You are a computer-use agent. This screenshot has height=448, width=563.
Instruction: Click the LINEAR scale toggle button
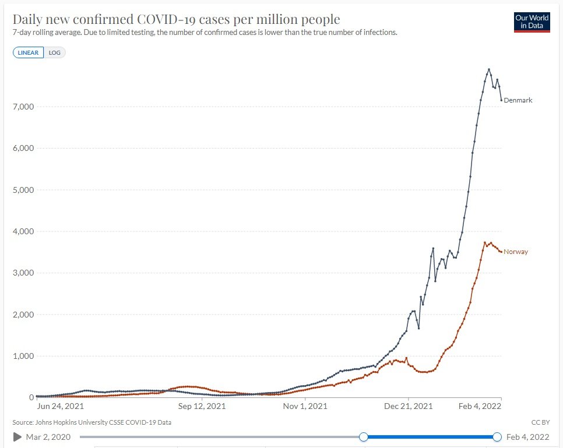[28, 52]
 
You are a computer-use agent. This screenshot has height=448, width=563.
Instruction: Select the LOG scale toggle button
[55, 52]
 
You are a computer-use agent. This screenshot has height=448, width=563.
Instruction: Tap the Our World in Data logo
[532, 22]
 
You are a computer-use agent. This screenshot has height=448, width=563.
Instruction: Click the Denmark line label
[518, 100]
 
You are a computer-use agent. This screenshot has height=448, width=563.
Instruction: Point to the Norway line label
[516, 252]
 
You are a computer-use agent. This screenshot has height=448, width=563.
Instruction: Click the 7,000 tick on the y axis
[23, 107]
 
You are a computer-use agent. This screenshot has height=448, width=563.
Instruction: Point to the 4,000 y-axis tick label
[23, 231]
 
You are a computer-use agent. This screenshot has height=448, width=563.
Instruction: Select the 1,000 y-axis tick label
[23, 356]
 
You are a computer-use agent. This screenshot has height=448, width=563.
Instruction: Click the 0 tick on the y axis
[31, 397]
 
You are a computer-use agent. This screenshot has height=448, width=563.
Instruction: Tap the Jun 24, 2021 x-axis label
[61, 406]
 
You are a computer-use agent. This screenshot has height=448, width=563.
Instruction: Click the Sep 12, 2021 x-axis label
[202, 406]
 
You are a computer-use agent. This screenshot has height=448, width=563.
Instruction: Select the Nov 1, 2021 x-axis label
[305, 406]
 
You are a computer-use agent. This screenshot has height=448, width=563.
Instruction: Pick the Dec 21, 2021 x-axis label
[408, 406]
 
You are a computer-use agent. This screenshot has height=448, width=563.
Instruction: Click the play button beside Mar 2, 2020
[17, 437]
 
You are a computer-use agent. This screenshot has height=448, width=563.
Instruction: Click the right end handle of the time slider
[497, 437]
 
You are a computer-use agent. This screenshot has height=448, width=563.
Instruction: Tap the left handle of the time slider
[364, 437]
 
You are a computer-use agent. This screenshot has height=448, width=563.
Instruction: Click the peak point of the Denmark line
[489, 69]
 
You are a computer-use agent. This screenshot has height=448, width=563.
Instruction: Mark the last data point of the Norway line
[501, 252]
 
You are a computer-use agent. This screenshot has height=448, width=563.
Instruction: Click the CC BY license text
[540, 422]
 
